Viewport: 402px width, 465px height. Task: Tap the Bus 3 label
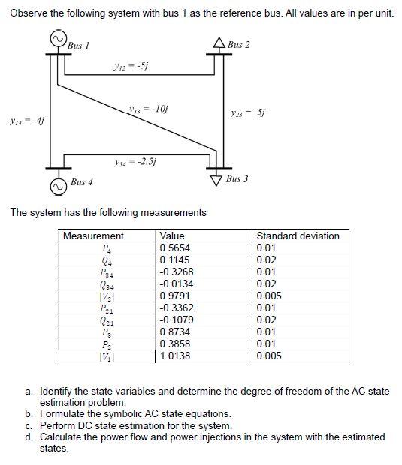[x=237, y=180]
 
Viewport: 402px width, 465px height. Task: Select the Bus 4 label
[x=82, y=182]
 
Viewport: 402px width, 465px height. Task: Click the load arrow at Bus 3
[x=217, y=178]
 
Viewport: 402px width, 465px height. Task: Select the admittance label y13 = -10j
[x=147, y=110]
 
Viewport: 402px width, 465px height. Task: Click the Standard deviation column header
[x=298, y=235]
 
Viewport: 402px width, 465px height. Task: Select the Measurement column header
[x=94, y=235]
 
